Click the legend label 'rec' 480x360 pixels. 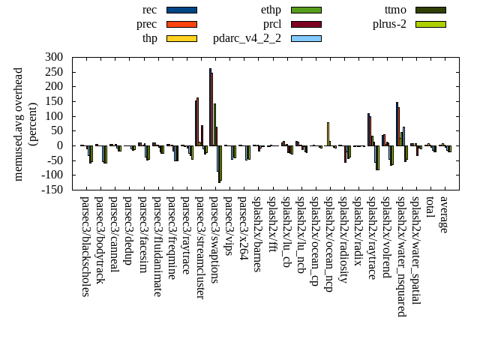click(149, 10)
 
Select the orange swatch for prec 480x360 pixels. click(181, 24)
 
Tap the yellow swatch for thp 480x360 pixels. click(181, 38)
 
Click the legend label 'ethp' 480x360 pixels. click(271, 10)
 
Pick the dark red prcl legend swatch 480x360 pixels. click(306, 24)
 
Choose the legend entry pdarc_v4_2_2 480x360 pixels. click(247, 38)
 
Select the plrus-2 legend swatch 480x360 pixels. click(430, 24)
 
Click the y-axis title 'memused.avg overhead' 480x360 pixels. click(19, 123)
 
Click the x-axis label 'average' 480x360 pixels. click(443, 214)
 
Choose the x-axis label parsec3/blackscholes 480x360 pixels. click(85, 246)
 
